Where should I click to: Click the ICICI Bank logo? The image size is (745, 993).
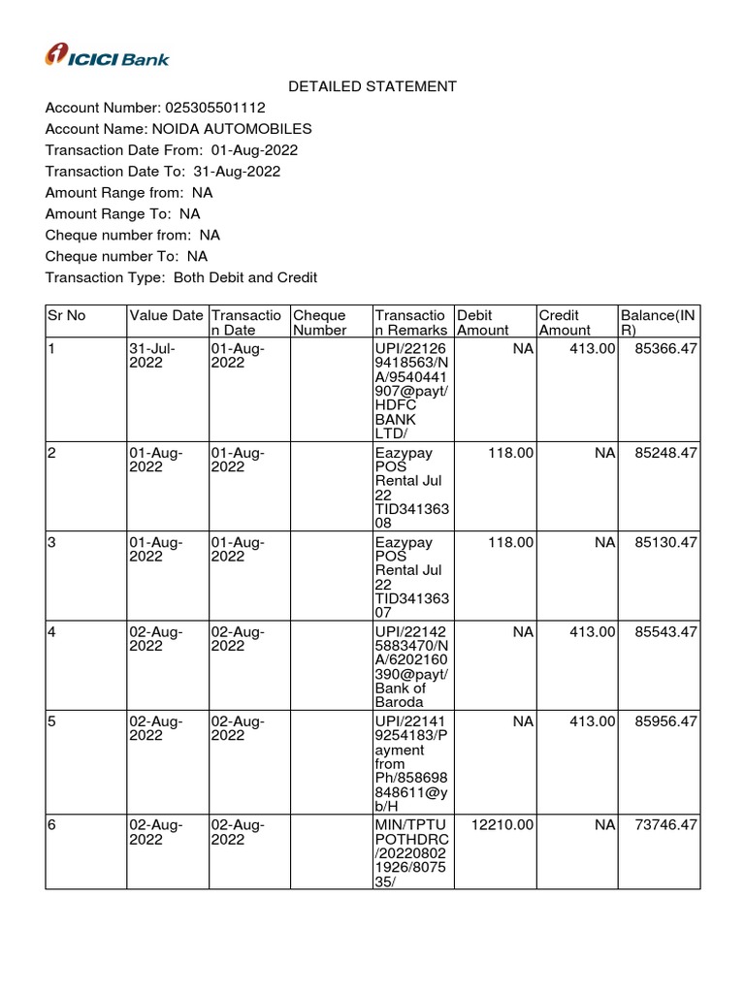coord(107,56)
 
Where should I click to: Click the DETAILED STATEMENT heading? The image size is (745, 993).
coord(372,86)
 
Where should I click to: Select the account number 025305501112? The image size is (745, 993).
coord(216,108)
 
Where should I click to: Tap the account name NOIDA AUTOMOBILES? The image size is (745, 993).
coord(230,129)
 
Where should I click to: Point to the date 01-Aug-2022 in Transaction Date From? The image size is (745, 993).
coord(254,150)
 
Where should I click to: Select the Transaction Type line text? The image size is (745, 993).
coord(181,278)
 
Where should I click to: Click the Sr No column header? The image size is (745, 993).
coord(66,315)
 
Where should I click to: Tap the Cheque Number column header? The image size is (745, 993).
coord(319,322)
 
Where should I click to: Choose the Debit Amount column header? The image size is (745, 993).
coord(482,322)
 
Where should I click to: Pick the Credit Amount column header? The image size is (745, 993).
coord(564,322)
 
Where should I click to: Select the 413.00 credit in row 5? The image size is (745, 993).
coord(592,722)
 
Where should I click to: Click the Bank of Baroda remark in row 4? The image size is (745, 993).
coord(400,694)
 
